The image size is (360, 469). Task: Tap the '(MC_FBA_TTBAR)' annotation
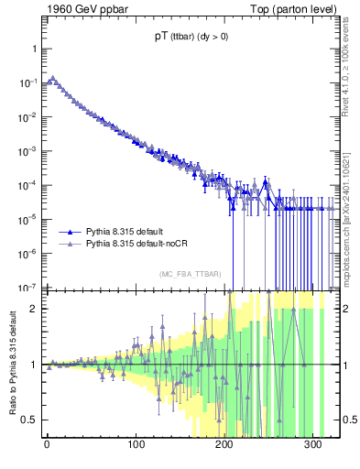191,274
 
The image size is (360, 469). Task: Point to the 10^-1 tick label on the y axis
26,82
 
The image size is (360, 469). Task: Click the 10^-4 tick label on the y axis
26,185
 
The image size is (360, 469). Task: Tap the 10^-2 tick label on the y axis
26,116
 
